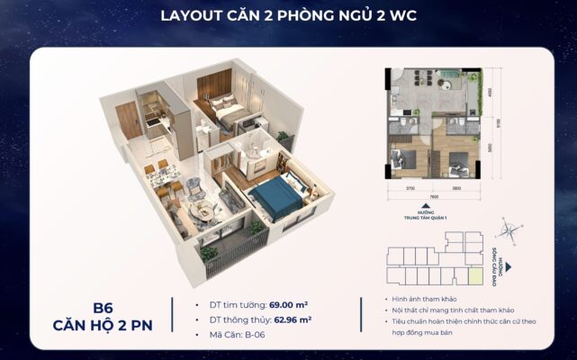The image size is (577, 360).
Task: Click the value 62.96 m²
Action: tap(293, 319)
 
